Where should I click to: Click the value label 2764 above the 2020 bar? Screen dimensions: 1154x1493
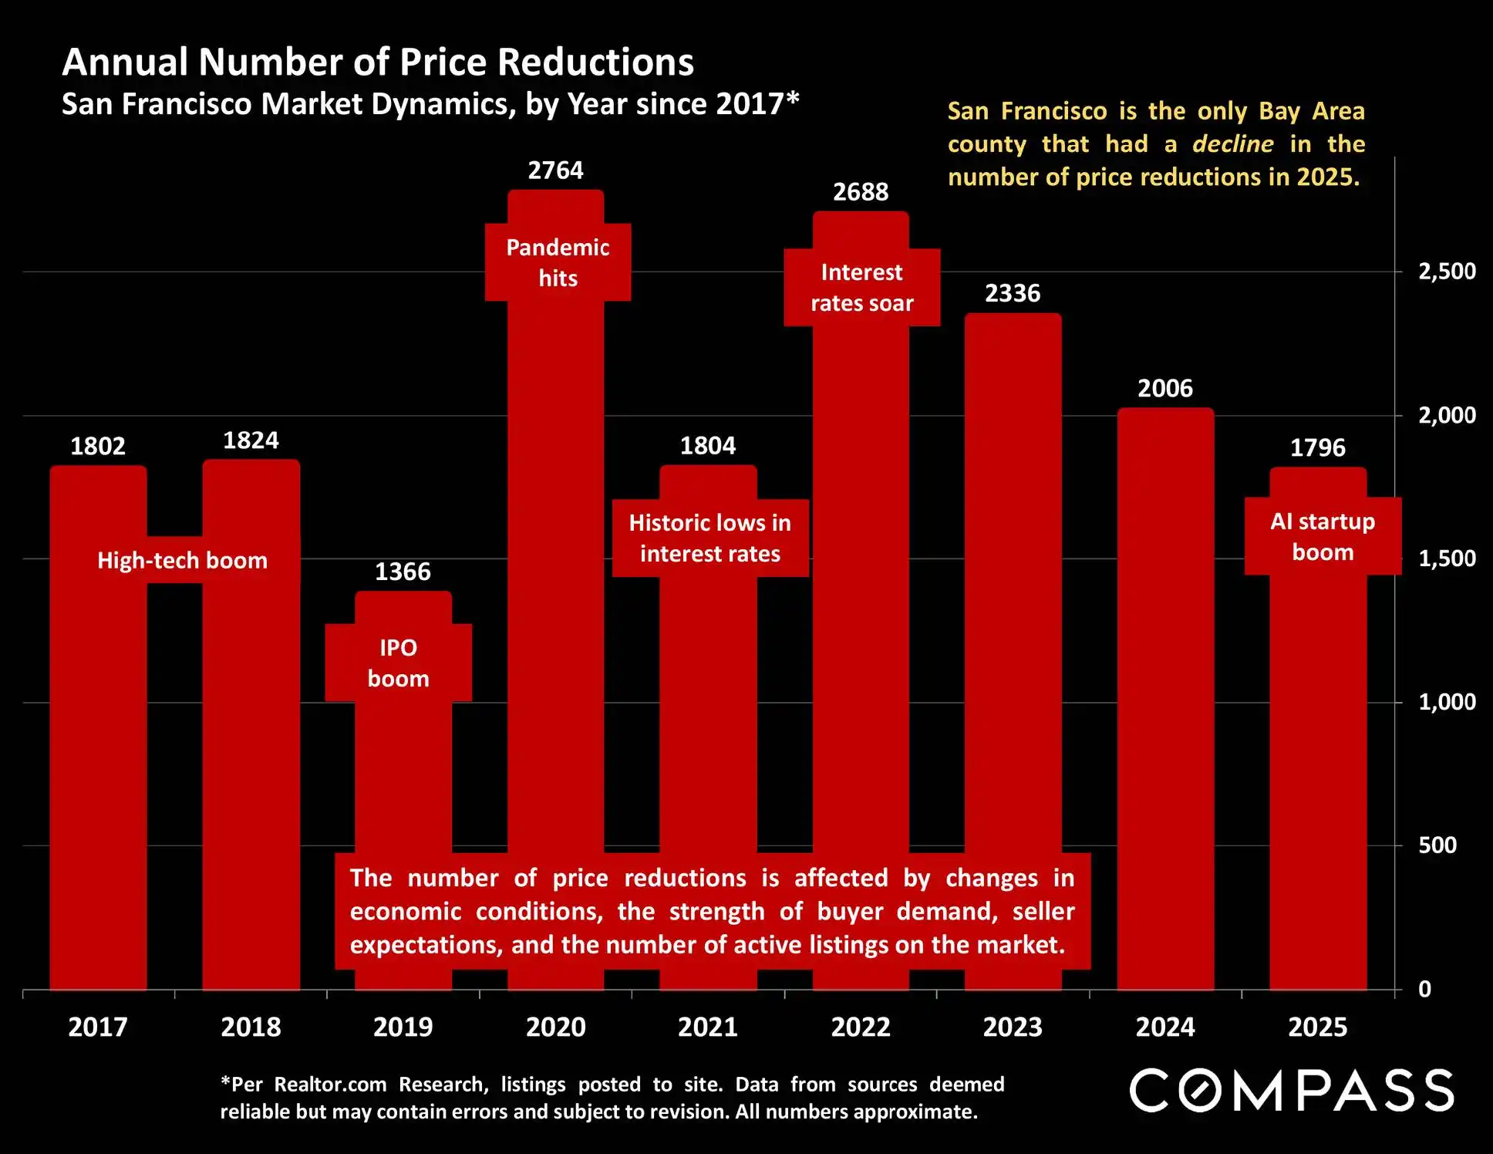555,170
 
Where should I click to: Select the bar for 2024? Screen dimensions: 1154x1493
1165,694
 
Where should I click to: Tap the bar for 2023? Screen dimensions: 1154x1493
1013,617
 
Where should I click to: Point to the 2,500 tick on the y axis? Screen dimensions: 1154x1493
1447,272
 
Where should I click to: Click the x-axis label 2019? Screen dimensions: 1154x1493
403,1027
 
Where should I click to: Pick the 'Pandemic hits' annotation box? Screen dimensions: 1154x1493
558,262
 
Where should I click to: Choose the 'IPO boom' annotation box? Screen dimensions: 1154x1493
398,663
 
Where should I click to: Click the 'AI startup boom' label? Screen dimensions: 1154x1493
1323,537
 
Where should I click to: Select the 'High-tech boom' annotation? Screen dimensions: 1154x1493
182,560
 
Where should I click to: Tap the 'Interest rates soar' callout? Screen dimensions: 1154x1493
861,288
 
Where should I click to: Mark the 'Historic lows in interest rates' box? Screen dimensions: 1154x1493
709,538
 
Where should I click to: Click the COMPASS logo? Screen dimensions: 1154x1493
1292,1090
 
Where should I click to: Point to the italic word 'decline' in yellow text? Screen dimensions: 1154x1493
1232,144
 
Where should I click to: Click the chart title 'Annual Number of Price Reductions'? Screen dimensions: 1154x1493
378,62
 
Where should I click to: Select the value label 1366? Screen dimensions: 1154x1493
403,572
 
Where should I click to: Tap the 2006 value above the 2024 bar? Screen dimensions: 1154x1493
1165,388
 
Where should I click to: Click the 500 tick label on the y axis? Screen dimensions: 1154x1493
1437,845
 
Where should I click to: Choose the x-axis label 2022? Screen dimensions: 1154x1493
861,1027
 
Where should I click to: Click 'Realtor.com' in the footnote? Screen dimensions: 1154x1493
330,1085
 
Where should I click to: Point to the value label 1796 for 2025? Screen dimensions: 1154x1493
1317,447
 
